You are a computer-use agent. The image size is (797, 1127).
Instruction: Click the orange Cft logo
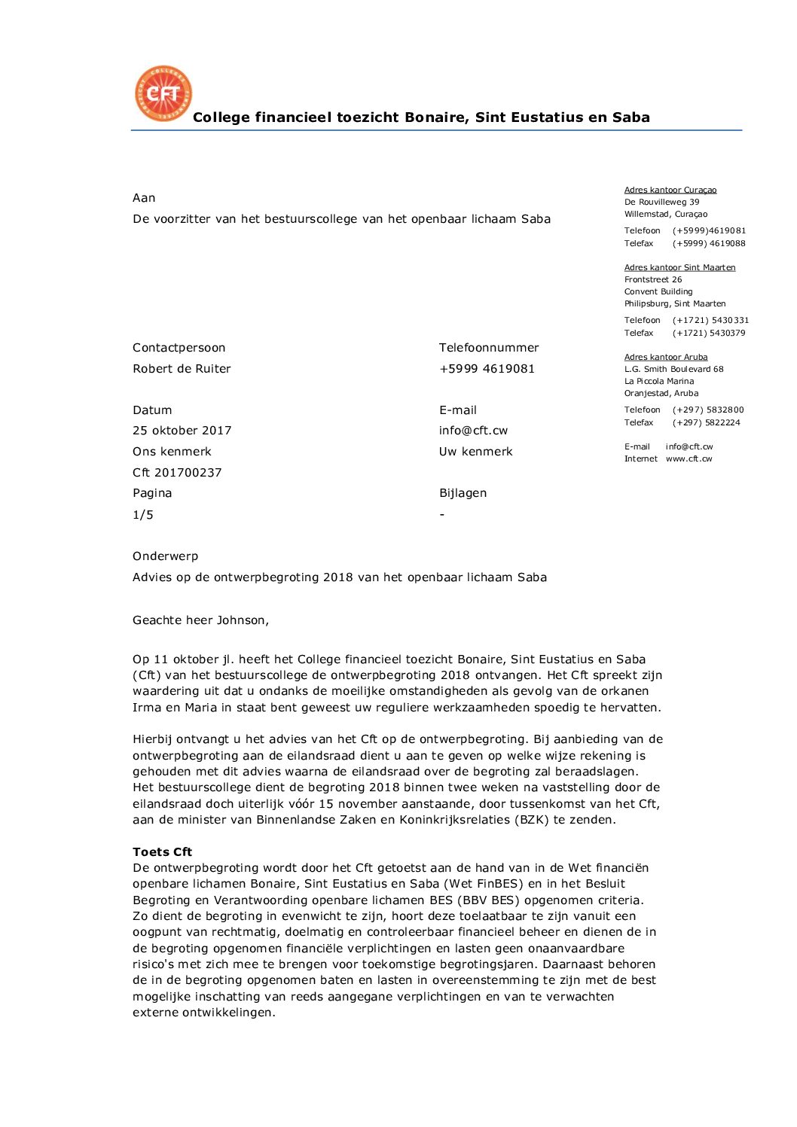(x=163, y=93)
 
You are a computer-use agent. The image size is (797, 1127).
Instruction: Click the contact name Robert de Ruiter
(x=182, y=369)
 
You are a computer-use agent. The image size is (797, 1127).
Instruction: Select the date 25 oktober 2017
(x=182, y=431)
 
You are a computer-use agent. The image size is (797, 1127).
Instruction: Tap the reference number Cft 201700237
(x=177, y=473)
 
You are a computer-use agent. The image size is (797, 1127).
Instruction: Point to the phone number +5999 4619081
(x=487, y=369)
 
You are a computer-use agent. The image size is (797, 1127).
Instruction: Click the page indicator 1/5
(x=142, y=515)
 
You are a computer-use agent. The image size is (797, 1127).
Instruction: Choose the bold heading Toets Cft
(x=162, y=852)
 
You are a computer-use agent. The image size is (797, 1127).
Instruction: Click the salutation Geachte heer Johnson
(x=200, y=620)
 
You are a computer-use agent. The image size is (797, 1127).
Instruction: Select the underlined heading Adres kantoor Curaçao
(x=670, y=190)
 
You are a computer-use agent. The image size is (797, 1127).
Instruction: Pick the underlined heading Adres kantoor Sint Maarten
(x=679, y=267)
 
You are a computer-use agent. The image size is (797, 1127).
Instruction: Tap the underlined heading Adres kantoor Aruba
(x=665, y=357)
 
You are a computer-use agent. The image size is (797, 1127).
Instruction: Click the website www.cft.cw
(x=689, y=458)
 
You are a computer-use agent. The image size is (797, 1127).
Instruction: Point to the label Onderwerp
(x=165, y=556)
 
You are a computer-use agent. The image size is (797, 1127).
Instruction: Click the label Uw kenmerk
(x=475, y=452)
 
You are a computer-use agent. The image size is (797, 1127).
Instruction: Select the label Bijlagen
(x=463, y=493)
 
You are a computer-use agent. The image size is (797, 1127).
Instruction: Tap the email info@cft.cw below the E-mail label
(x=473, y=431)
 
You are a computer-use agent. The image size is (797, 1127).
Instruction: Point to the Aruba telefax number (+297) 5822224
(x=706, y=422)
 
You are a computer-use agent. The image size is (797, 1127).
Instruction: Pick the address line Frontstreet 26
(x=652, y=279)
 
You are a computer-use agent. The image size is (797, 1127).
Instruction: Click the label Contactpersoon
(x=179, y=348)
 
